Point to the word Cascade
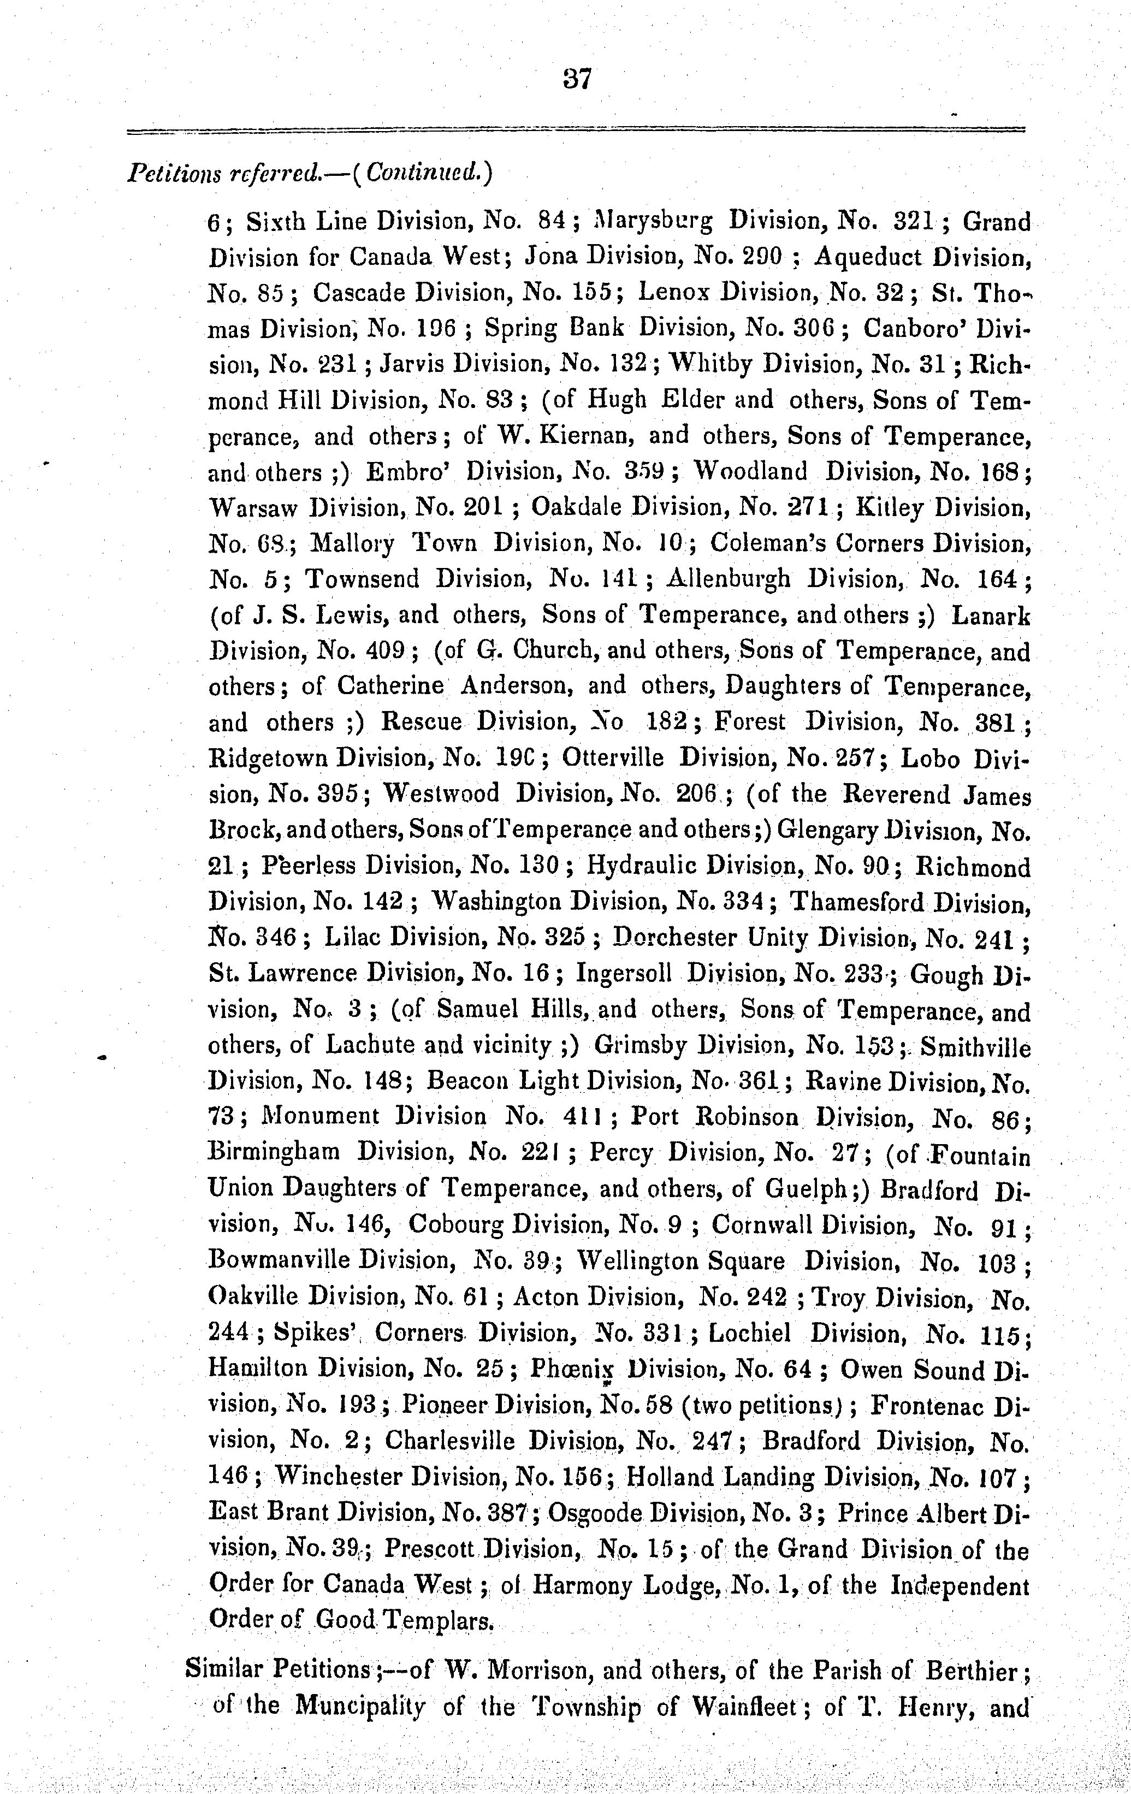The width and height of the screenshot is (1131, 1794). click(358, 293)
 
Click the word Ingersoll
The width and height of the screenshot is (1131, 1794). click(624, 974)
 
